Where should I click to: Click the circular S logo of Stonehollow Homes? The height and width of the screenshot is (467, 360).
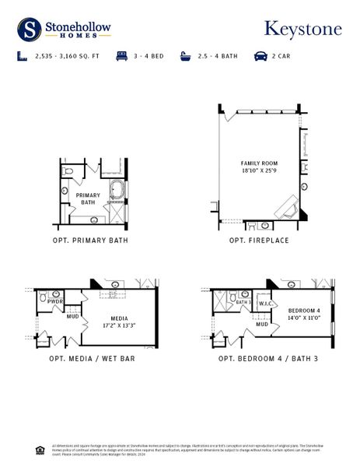point(30,30)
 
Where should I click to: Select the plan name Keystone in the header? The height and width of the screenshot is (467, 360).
point(302,30)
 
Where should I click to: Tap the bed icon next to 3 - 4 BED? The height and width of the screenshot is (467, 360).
point(121,57)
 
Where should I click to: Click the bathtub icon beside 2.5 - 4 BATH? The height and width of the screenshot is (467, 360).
point(186,57)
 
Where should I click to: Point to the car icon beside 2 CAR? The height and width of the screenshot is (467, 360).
point(257,57)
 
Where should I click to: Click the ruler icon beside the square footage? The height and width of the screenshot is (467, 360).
point(22,57)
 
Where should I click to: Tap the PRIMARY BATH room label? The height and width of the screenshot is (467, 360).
point(88,198)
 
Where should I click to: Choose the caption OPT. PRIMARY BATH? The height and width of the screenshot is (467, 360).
point(90,241)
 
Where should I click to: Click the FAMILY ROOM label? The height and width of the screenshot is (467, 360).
point(259,163)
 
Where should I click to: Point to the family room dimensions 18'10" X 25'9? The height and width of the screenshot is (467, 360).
point(259,170)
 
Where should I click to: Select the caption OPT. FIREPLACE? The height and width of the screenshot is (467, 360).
point(259,241)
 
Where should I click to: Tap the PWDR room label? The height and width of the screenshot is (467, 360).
point(55,301)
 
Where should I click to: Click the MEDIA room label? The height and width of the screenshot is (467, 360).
point(119,318)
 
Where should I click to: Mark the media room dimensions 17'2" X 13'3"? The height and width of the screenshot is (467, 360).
point(119,325)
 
